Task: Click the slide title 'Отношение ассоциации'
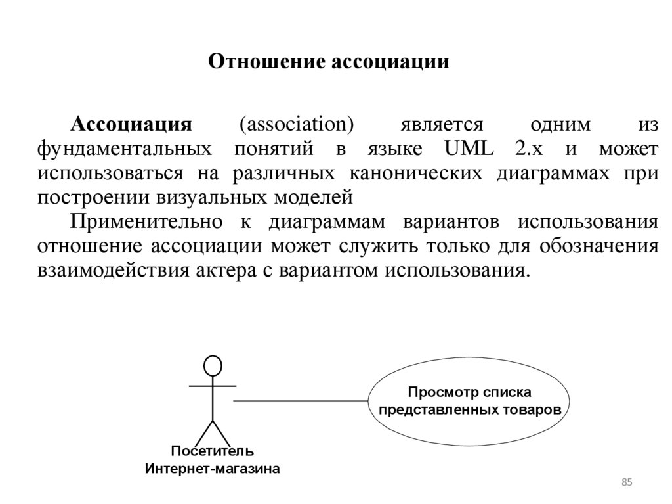329,62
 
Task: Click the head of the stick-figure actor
213,365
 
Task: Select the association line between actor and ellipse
301,400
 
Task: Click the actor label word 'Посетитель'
212,451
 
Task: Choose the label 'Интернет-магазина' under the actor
212,469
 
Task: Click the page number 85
626,484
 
